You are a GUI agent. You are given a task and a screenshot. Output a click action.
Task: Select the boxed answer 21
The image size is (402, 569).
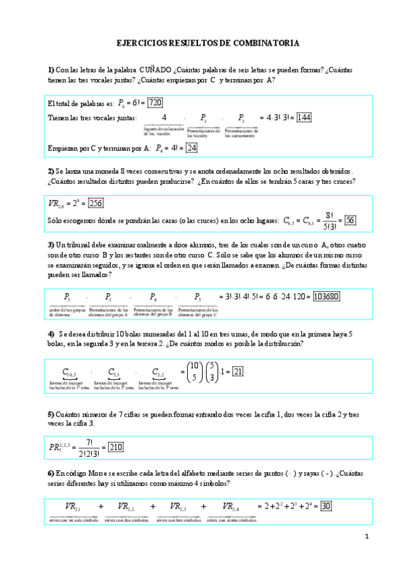[238, 371]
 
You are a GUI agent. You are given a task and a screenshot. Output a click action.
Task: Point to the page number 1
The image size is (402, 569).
[367, 537]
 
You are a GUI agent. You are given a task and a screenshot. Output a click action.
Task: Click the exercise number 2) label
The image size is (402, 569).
[51, 171]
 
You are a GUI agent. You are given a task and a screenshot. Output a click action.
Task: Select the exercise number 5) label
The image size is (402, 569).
[51, 414]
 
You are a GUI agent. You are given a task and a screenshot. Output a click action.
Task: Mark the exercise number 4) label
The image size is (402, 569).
[51, 333]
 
